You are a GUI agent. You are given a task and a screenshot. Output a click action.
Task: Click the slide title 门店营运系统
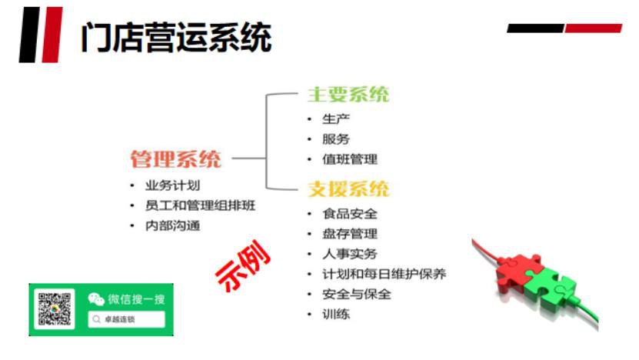click(176, 37)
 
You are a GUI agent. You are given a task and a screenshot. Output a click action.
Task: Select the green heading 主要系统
click(348, 94)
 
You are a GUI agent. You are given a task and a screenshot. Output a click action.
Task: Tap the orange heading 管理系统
click(175, 158)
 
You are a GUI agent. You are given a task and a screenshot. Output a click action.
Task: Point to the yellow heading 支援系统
click(348, 188)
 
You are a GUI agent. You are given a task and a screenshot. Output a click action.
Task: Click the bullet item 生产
click(336, 119)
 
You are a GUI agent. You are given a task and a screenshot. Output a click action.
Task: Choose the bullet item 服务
click(336, 139)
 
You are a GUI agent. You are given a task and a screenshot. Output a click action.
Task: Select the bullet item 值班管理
click(350, 159)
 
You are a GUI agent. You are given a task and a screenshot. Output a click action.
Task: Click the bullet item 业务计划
click(172, 185)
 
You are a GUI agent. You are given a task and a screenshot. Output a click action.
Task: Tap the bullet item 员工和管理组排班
click(200, 205)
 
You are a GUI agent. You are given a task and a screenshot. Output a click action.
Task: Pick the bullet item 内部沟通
click(172, 225)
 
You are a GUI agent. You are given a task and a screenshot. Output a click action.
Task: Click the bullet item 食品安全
click(350, 214)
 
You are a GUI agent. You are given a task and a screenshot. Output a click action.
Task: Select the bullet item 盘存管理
click(350, 234)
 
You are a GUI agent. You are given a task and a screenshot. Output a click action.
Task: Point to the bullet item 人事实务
click(350, 254)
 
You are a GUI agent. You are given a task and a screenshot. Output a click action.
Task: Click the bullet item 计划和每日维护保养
click(384, 274)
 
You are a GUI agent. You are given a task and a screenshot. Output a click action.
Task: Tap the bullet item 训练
click(336, 314)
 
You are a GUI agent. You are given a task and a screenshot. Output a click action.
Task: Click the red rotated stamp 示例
click(243, 266)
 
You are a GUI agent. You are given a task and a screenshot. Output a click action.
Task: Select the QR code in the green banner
click(54, 308)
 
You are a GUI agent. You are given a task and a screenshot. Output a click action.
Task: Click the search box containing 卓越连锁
click(126, 319)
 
